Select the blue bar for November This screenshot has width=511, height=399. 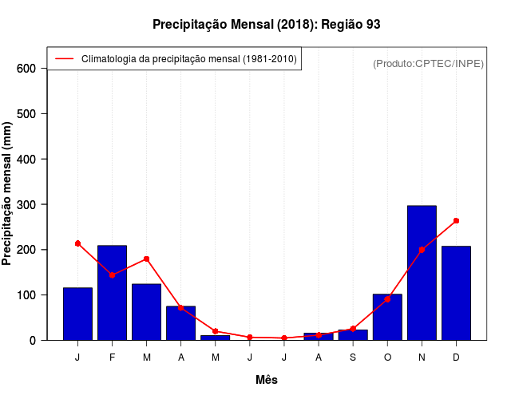tap(422, 273)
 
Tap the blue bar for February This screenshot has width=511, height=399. tap(112, 293)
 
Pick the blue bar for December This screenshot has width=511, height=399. tap(456, 293)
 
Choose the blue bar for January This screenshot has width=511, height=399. tap(77, 314)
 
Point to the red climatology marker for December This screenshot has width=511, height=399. tap(456, 220)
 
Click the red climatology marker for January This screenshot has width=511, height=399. tap(77, 243)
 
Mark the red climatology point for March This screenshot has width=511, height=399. tap(146, 259)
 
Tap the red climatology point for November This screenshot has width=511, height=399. tap(422, 250)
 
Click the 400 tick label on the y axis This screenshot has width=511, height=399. tap(26, 160)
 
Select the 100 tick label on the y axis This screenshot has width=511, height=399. tap(26, 295)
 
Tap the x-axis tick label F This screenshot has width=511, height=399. tap(112, 358)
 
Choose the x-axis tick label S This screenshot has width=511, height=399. tap(353, 358)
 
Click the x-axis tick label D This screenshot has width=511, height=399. tap(456, 358)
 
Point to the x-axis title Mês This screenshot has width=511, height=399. tap(267, 380)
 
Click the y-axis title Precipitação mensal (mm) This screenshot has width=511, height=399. tap(8, 199)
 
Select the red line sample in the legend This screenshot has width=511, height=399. tap(64, 58)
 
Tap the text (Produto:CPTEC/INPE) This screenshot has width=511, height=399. tap(428, 63)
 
